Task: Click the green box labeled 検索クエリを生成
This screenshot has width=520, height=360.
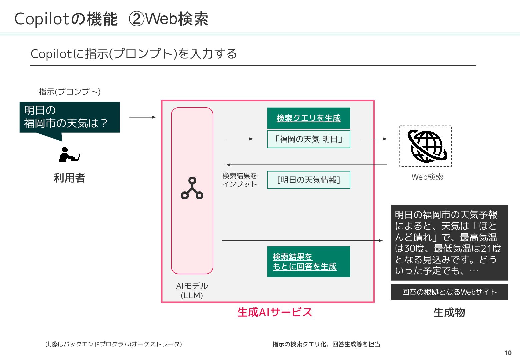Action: click(308, 118)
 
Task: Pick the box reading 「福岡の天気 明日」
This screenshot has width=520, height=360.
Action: click(308, 139)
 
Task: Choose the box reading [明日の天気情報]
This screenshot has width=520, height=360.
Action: click(308, 180)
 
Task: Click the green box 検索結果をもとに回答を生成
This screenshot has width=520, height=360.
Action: click(308, 262)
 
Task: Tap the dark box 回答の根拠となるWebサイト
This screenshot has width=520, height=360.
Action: click(449, 292)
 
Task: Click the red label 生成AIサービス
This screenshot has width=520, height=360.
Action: click(275, 312)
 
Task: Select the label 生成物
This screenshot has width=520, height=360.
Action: click(449, 313)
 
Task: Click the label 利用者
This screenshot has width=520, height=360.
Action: click(69, 178)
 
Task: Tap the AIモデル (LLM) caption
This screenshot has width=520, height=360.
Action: click(192, 291)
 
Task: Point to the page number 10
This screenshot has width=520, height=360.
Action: click(508, 353)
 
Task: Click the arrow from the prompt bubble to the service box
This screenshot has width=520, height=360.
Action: click(142, 117)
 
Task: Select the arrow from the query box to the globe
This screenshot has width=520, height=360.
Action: click(373, 139)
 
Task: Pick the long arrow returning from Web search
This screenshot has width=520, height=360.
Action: click(307, 165)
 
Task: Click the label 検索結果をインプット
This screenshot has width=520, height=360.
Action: click(240, 180)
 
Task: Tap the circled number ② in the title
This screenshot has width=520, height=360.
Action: click(136, 19)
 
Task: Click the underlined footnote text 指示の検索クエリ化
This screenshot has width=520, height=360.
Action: click(299, 344)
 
